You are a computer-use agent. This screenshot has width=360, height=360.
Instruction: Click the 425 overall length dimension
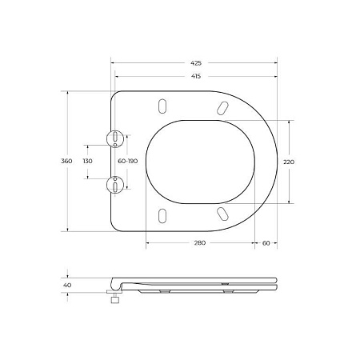[x=196, y=62]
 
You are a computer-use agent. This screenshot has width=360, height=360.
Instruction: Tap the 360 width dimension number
[x=66, y=161]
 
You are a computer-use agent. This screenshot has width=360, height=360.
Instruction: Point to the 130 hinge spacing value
[x=88, y=162]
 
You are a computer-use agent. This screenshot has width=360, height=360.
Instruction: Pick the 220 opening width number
[x=289, y=162]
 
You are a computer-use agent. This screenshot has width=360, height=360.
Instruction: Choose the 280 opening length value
[x=199, y=244]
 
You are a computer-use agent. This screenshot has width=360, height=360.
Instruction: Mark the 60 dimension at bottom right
[x=265, y=244]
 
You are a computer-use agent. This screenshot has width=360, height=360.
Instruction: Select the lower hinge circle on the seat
[x=117, y=185]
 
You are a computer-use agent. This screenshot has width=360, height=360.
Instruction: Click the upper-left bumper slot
[x=163, y=108]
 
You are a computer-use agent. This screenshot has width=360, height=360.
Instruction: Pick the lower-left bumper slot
[x=163, y=214]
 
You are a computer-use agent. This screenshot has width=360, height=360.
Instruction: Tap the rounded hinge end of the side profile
[x=112, y=282]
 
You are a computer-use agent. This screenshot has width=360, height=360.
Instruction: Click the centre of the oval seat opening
[x=203, y=161]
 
